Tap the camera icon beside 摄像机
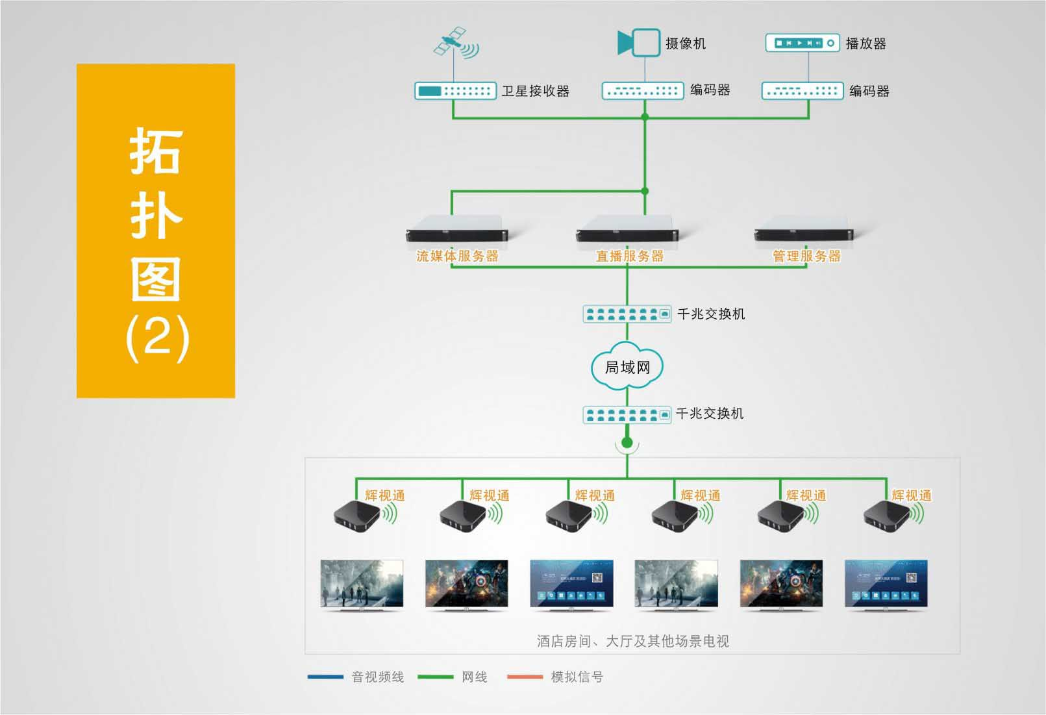639,43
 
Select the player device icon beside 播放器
803,43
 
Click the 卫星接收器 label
535,91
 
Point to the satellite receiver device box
455,91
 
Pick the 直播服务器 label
630,257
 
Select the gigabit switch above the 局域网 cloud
627,314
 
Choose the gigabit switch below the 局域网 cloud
627,414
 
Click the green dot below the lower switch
627,443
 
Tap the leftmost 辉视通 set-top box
357,517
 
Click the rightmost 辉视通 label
912,495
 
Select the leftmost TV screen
362,584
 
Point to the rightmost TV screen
886,584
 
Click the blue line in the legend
325,677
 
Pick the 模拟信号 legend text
577,677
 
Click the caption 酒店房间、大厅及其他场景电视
632,642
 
